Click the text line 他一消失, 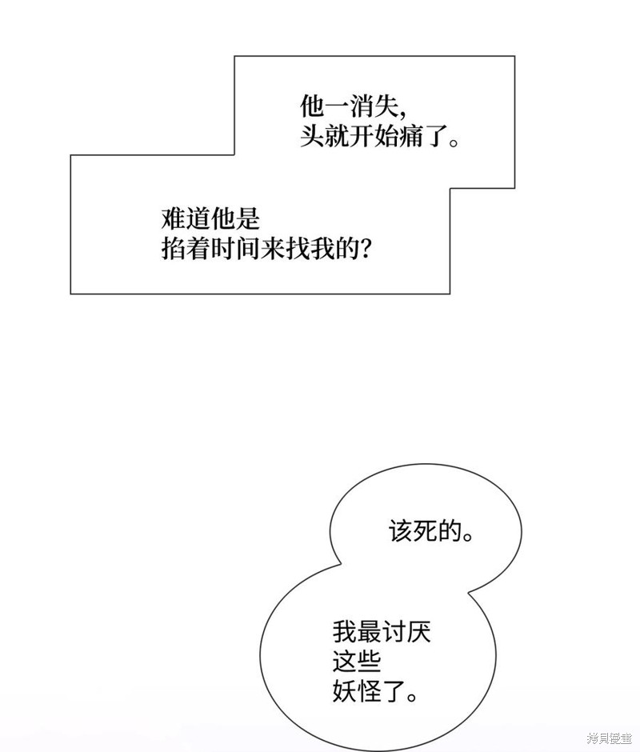(354, 106)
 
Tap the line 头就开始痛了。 (379, 136)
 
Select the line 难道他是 (210, 219)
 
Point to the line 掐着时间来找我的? (266, 249)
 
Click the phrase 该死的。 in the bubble (431, 531)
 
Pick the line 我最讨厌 (382, 632)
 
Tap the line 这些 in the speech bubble (357, 662)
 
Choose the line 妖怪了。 (374, 691)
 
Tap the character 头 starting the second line (312, 136)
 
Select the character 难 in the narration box (173, 219)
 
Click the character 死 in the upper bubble (425, 531)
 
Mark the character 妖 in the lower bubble (345, 691)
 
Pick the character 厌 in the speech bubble (419, 632)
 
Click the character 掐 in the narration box (173, 249)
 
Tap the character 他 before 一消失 (312, 106)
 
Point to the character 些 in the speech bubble (370, 662)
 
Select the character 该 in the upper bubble (401, 531)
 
